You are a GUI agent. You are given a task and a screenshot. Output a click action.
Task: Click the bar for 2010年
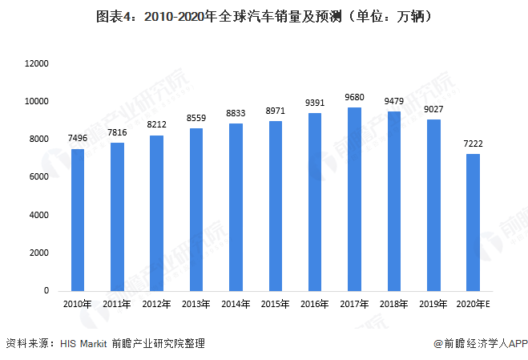pyautogui.click(x=78, y=219)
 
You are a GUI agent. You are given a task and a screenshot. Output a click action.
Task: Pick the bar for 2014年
pyautogui.click(x=236, y=207)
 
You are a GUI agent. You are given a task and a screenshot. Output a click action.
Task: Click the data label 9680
pyautogui.click(x=353, y=97)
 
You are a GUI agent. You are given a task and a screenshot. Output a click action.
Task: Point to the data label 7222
pyautogui.click(x=473, y=144)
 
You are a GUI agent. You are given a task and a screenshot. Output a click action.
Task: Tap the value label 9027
pyautogui.click(x=433, y=110)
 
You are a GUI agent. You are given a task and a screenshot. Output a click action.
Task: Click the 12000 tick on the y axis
pyautogui.click(x=38, y=63)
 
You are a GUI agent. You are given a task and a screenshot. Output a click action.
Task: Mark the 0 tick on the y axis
pyautogui.click(x=47, y=291)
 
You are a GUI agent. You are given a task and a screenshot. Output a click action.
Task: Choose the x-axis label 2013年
pyautogui.click(x=196, y=305)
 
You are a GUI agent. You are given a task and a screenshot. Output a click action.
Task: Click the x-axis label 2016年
pyautogui.click(x=314, y=305)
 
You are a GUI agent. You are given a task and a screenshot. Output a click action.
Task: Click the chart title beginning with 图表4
pyautogui.click(x=264, y=16)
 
